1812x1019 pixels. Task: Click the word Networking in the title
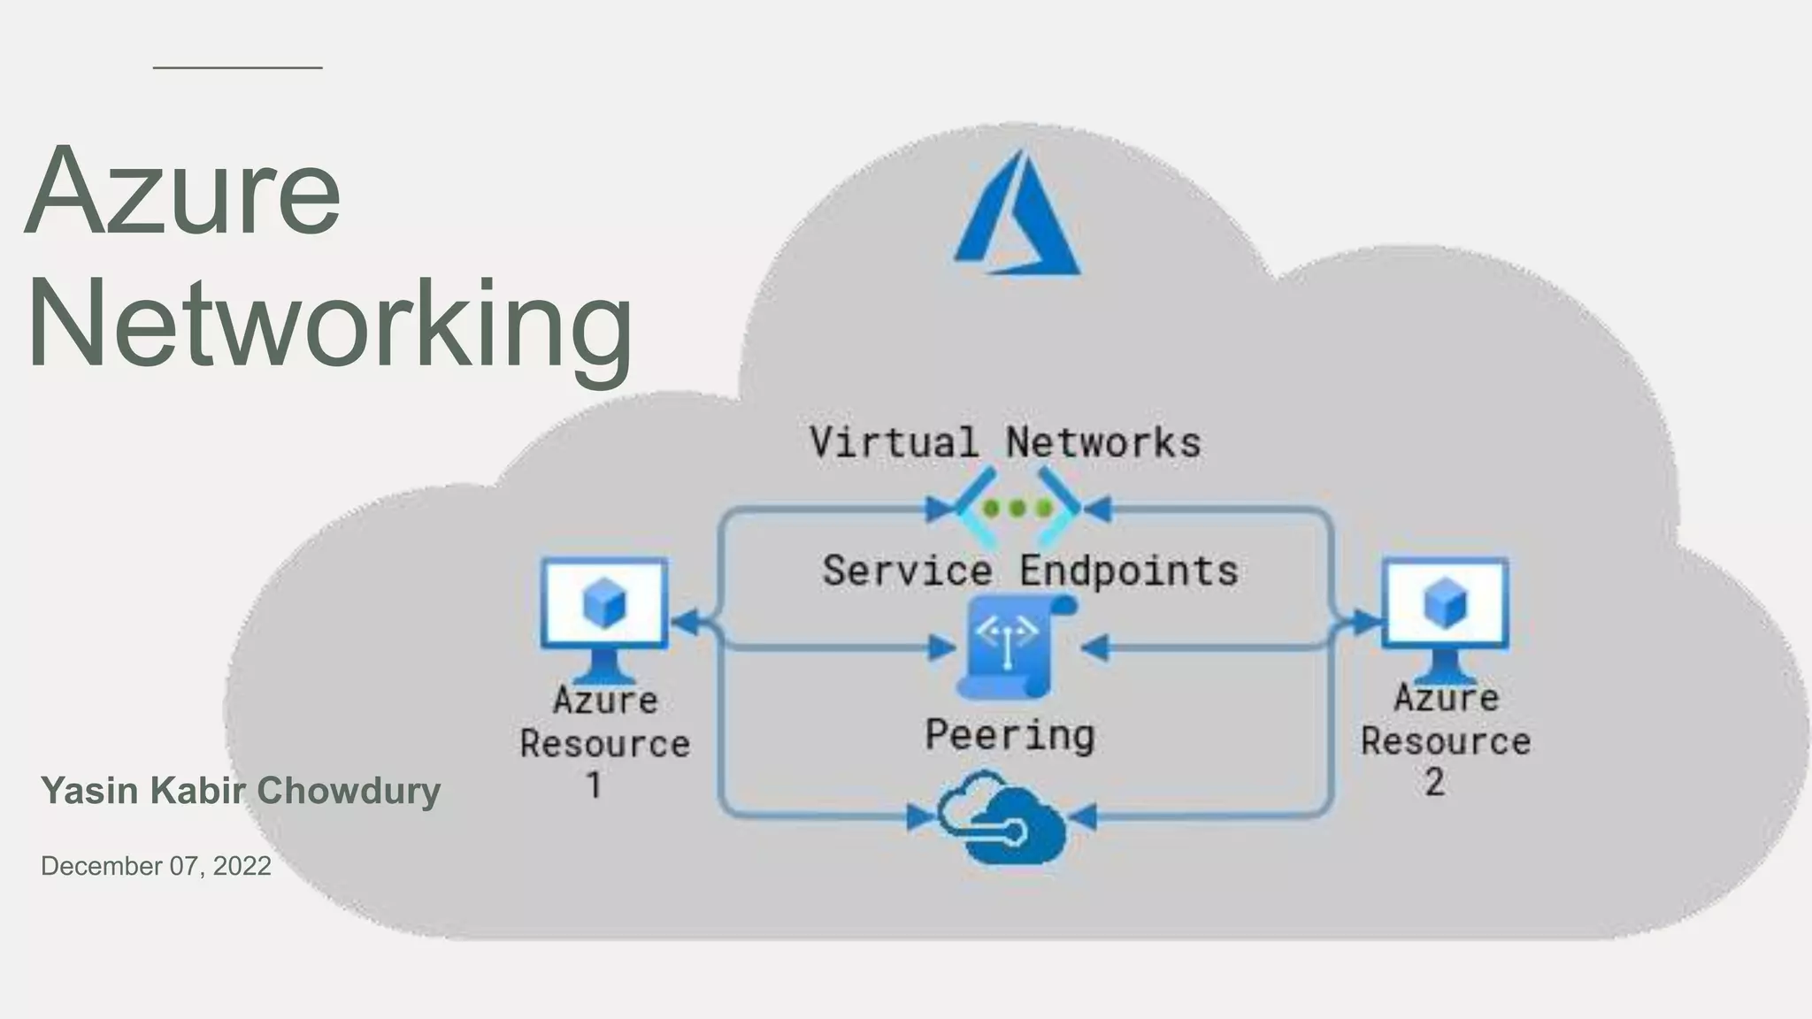click(329, 325)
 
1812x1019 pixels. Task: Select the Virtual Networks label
click(1005, 442)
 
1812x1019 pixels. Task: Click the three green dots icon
click(1017, 509)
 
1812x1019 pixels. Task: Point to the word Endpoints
click(1128, 571)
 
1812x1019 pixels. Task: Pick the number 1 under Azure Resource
click(595, 785)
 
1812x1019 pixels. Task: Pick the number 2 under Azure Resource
click(1434, 782)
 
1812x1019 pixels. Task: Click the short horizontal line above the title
click(237, 67)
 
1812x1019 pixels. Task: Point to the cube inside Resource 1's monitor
click(604, 603)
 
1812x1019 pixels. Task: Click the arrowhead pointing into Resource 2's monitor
click(1367, 622)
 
